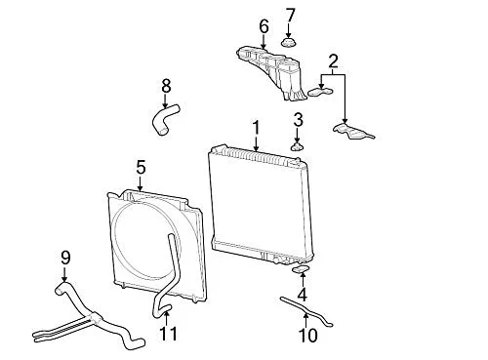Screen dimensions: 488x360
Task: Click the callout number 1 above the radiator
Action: click(257, 128)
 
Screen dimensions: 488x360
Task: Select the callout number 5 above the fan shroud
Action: click(141, 168)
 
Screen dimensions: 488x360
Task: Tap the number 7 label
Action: click(290, 16)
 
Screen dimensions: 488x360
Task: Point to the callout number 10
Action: click(307, 335)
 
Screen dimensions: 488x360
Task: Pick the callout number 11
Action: click(169, 333)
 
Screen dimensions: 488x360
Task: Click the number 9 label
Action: click(65, 258)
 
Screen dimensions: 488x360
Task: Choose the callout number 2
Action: click(333, 61)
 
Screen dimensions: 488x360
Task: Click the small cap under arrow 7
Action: click(288, 43)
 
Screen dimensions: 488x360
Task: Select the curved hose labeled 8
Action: click(165, 119)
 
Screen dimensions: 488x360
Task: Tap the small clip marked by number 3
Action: click(297, 147)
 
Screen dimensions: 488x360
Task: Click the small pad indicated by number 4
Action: click(301, 269)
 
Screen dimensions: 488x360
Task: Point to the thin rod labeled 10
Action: click(305, 310)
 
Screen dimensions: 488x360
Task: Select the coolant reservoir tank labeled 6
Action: click(272, 72)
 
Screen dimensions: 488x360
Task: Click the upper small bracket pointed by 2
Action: click(320, 92)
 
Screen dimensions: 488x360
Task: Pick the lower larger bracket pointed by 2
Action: click(353, 131)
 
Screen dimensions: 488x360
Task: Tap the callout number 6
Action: click(264, 26)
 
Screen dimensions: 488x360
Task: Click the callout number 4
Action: click(302, 295)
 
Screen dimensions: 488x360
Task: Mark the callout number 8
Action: click(166, 86)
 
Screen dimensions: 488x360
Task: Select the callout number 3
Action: click(298, 120)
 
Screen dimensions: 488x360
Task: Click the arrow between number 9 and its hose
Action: click(64, 274)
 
